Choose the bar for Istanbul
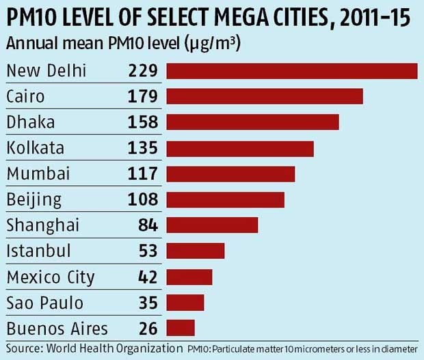pos(196,251)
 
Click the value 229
pos(143,71)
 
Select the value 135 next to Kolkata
pos(143,148)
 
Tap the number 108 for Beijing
pos(143,199)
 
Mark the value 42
pos(148,277)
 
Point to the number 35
pos(148,303)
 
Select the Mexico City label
pos(51,277)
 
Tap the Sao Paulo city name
pos(44,303)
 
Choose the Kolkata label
pos(35,148)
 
